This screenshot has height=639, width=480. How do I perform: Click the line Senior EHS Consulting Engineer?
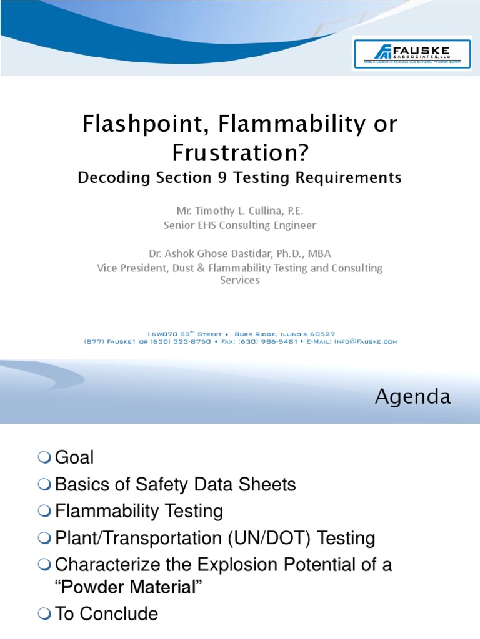239,225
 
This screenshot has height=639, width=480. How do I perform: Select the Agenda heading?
412,397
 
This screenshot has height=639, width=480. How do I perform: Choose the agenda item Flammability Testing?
139,511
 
